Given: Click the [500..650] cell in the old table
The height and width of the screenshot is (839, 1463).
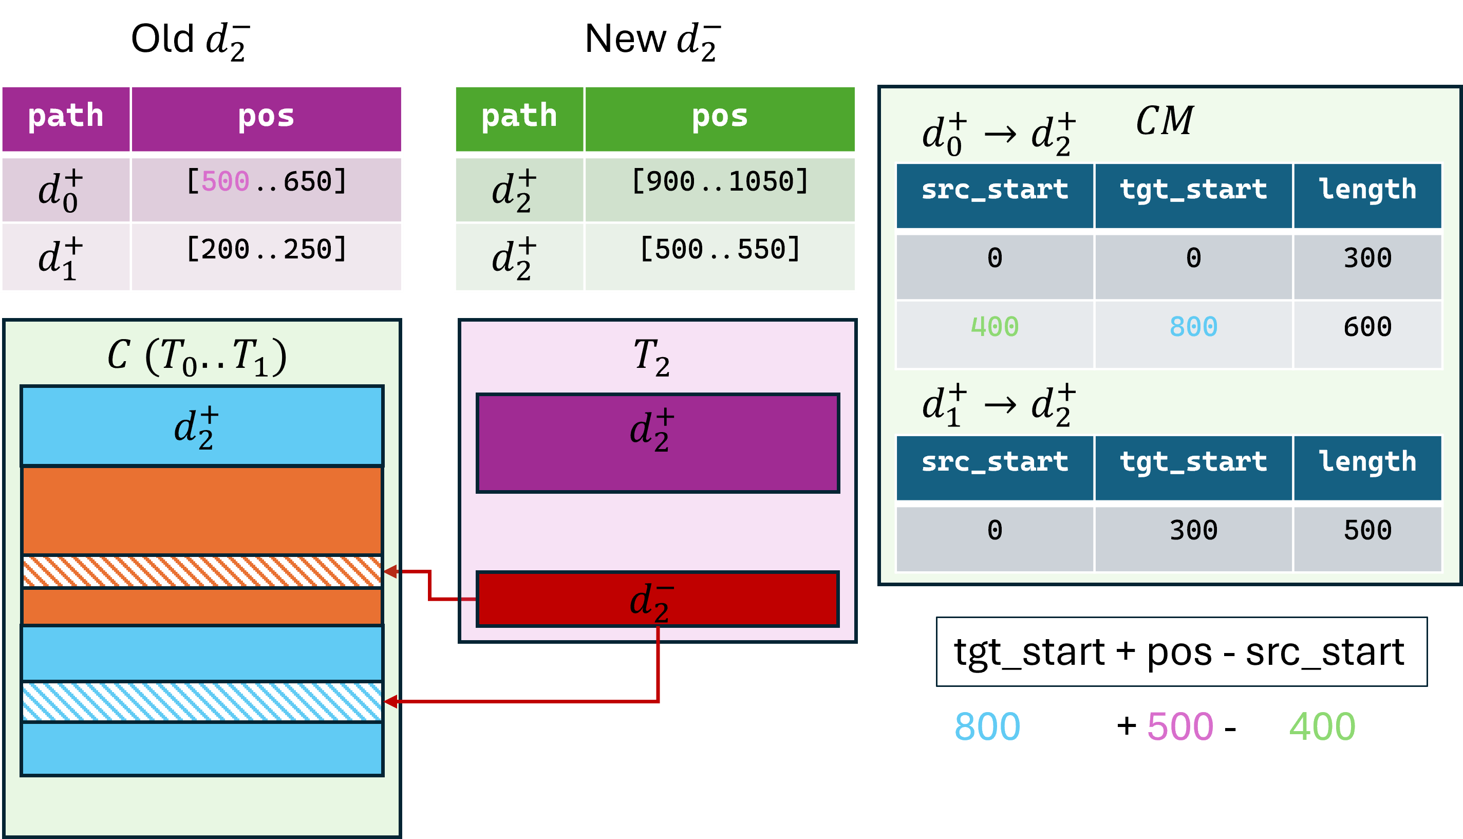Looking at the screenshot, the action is click(x=266, y=190).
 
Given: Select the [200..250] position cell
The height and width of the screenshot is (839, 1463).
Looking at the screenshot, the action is click(x=266, y=256).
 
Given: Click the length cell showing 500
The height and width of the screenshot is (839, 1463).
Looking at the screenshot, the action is click(x=1367, y=538).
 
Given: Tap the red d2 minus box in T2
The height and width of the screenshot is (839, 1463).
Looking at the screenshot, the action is click(x=658, y=599).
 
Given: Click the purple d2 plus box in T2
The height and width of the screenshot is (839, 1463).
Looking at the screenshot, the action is click(x=658, y=443).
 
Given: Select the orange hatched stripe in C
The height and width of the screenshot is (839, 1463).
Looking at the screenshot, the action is click(x=201, y=572).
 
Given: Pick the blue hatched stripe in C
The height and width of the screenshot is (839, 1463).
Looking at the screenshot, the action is click(x=201, y=702).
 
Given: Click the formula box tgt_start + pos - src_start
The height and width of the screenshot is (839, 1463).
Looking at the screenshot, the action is click(x=1181, y=651).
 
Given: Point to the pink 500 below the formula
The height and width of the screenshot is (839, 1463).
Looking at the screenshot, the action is click(x=1180, y=726).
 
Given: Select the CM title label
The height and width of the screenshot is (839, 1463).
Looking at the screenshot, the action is click(x=1165, y=121).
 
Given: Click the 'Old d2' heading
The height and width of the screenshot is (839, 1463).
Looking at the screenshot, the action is click(x=191, y=41).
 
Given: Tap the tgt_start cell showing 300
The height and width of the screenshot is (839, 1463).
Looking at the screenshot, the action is click(x=1193, y=538).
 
